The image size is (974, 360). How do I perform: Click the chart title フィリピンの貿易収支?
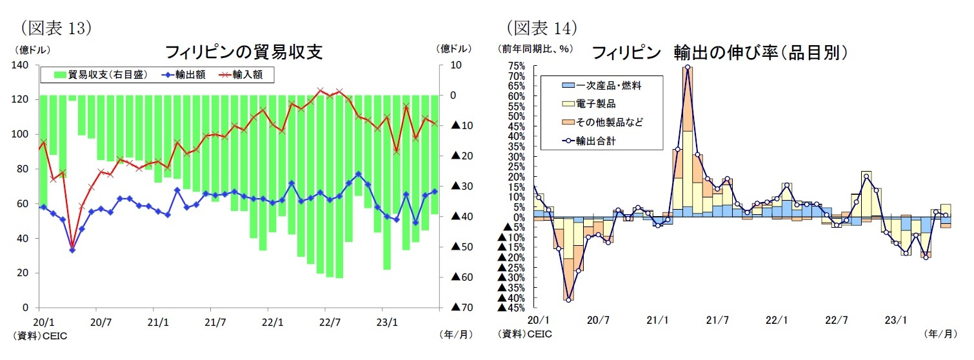coord(244,52)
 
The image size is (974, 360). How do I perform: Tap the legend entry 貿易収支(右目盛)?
coord(101,75)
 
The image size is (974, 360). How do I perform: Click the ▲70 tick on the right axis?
coord(462,308)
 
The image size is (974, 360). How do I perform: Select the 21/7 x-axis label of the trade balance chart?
coord(215,321)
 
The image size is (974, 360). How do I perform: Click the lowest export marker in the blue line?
coord(72,250)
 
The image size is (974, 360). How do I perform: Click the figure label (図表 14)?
coord(541,28)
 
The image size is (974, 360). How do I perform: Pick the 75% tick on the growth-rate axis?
coord(516,66)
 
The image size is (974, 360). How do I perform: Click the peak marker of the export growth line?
coord(688,67)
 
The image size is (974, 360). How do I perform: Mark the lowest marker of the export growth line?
coord(568,299)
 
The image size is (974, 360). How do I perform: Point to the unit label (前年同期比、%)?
coord(529,48)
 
